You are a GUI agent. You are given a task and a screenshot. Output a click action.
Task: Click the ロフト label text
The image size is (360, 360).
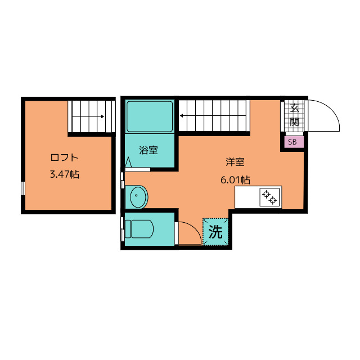tap(64, 157)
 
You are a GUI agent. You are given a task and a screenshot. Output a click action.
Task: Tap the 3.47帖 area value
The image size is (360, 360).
tap(65, 174)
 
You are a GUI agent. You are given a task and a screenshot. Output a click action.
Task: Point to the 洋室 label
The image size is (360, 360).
tap(235, 162)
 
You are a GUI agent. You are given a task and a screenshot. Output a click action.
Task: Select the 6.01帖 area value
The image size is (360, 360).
tap(235, 180)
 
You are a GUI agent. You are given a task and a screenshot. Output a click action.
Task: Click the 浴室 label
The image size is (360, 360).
tap(148, 150)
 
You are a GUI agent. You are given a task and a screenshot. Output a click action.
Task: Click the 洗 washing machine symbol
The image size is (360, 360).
tap(215, 232)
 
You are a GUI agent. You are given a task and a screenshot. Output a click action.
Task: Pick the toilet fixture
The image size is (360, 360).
tap(139, 229)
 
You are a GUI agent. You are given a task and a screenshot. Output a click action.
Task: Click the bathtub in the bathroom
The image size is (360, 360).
tap(150, 116)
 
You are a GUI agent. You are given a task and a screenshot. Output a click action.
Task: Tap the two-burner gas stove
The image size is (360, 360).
tap(270, 197)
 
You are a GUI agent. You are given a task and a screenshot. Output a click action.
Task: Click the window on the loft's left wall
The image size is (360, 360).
tap(23, 188)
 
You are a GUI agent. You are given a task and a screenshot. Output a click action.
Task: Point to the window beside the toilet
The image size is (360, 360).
tap(123, 229)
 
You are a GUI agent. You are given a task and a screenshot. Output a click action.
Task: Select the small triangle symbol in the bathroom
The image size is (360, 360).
tap(128, 162)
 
